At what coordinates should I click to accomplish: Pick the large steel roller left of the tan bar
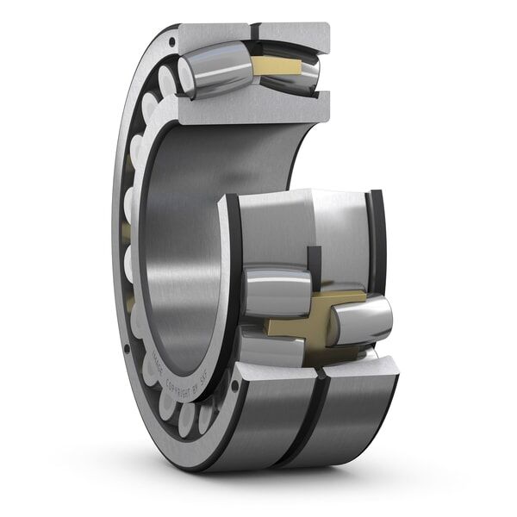[215, 72]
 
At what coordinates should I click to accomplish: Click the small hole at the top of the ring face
[173, 40]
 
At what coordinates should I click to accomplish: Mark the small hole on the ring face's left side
[127, 349]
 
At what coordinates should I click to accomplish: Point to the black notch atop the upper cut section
[255, 33]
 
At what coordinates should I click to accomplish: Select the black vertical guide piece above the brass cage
[314, 263]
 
